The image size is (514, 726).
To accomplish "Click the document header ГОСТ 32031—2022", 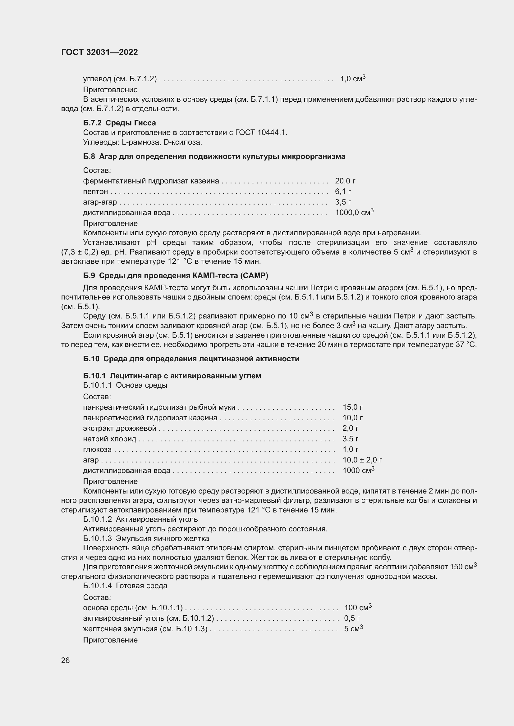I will [x=99, y=52].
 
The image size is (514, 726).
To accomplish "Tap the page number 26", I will [x=65, y=660].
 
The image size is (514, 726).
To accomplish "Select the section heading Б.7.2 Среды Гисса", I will [x=119, y=123].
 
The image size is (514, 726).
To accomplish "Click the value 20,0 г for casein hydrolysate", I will [x=345, y=181].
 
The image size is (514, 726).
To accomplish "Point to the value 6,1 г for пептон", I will [x=343, y=191].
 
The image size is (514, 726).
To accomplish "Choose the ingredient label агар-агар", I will [x=100, y=202].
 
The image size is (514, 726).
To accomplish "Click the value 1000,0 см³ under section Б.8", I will [x=354, y=213].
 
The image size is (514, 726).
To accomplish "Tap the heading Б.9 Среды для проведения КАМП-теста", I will [x=175, y=275].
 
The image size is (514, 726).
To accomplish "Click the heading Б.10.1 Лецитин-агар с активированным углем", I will [x=172, y=376].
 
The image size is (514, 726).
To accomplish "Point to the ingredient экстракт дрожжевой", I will [x=120, y=428].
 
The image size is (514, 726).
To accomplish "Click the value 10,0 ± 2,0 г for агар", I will [x=362, y=460].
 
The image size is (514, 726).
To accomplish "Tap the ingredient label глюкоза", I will [x=97, y=449].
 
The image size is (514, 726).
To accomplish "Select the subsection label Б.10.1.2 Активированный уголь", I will [x=140, y=519].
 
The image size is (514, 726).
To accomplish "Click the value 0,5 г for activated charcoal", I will [x=352, y=618].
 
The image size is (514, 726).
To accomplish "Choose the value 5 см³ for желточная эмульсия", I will [x=353, y=628].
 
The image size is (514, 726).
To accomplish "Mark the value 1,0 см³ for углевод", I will [x=353, y=79].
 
